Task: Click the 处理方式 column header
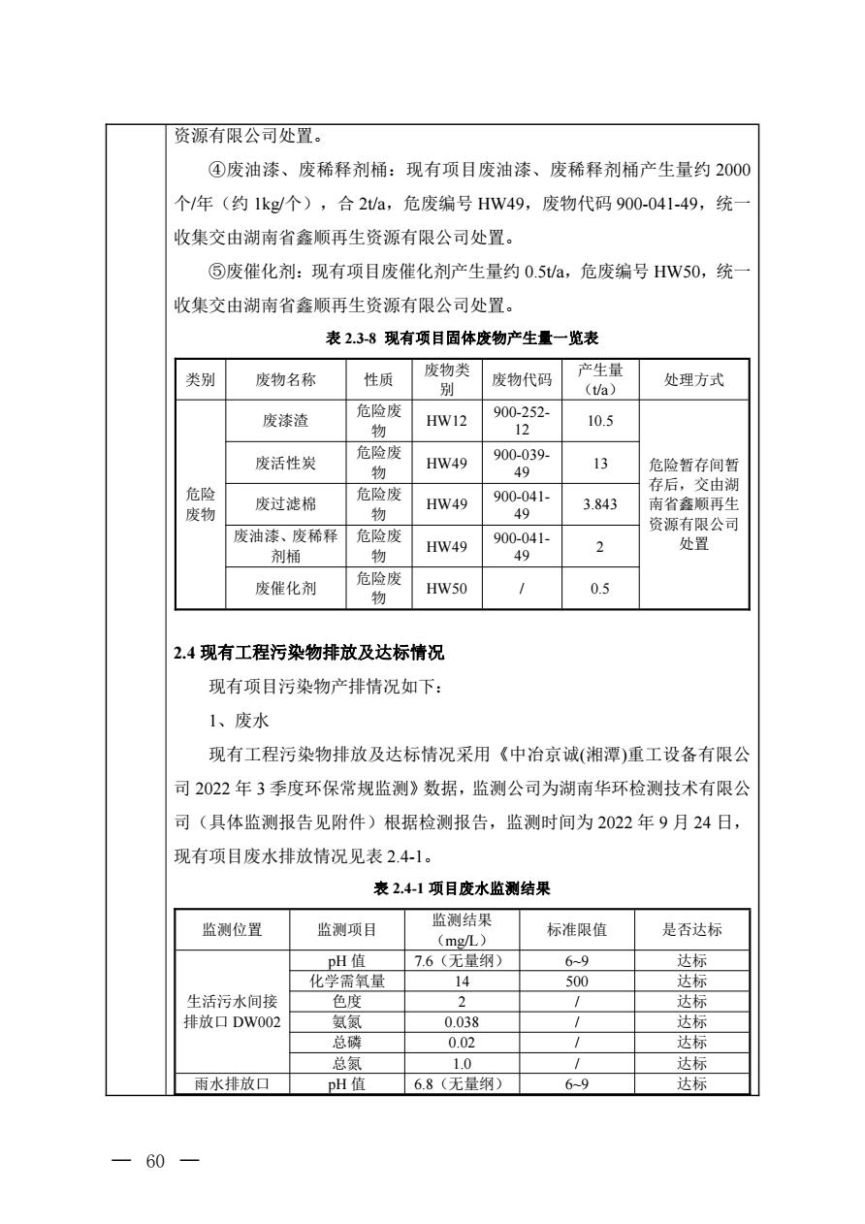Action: click(x=693, y=379)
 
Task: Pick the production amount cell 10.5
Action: click(x=600, y=421)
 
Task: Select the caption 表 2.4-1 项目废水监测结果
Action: click(x=463, y=887)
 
